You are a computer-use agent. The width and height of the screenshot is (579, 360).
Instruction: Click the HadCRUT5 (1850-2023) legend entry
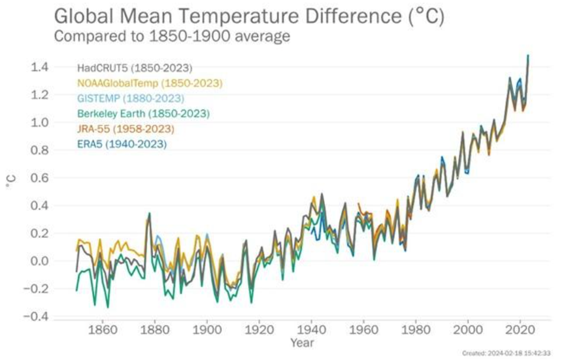(x=135, y=67)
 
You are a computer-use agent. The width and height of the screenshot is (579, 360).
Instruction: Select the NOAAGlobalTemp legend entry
(x=150, y=83)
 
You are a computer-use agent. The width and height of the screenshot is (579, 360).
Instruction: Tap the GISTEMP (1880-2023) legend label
(x=131, y=98)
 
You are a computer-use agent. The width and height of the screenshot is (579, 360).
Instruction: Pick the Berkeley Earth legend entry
(x=144, y=113)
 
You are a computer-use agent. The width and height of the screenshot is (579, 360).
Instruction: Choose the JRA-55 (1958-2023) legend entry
(x=126, y=128)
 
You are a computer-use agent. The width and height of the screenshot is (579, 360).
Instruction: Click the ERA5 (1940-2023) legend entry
(x=122, y=144)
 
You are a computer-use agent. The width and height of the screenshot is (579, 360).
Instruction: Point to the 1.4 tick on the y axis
(x=39, y=67)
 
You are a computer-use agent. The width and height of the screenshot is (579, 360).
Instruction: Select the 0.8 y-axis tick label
(x=39, y=150)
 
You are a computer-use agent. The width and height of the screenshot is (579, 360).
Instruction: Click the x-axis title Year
(x=302, y=342)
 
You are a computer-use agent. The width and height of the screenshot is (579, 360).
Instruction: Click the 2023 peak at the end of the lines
(x=528, y=56)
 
